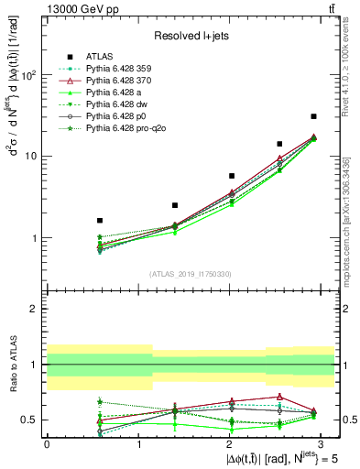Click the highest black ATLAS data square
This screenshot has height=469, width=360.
(x=313, y=116)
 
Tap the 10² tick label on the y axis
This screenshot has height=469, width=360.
(x=30, y=75)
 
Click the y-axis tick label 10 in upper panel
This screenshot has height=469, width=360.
(x=30, y=157)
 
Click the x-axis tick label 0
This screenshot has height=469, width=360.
(x=46, y=442)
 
